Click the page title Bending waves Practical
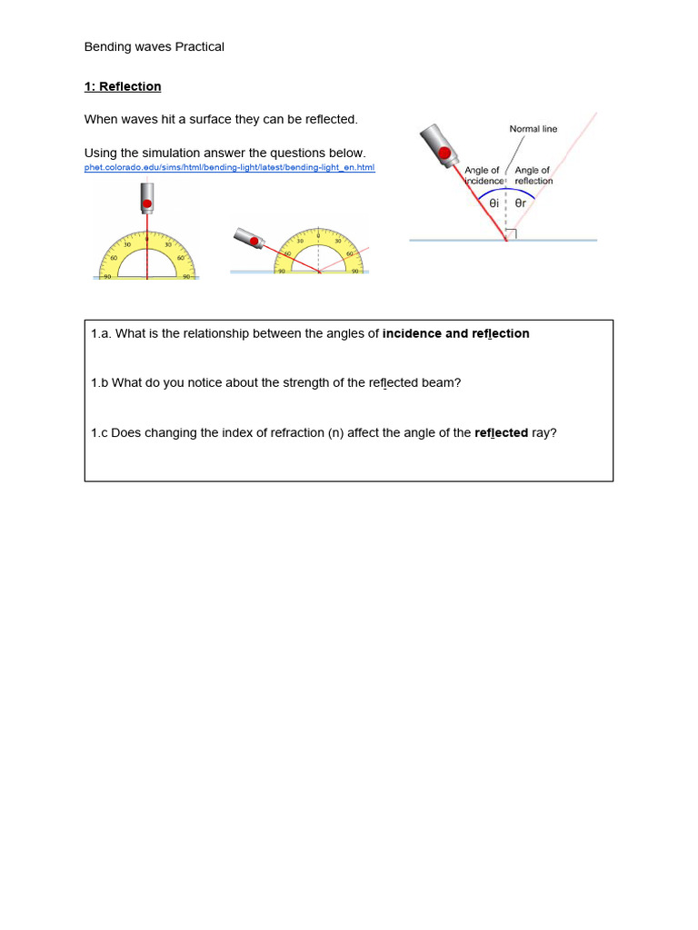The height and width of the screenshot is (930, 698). pyautogui.click(x=154, y=46)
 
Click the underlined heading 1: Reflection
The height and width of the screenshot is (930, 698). pyautogui.click(x=123, y=86)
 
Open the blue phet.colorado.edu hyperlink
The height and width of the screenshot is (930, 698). pyautogui.click(x=229, y=167)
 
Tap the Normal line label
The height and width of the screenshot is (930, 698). pyautogui.click(x=533, y=129)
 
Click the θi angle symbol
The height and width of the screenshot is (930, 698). pyautogui.click(x=494, y=203)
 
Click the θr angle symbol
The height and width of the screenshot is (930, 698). pyautogui.click(x=521, y=203)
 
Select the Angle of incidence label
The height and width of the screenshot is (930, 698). pyautogui.click(x=483, y=175)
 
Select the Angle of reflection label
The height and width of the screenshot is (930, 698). pyautogui.click(x=533, y=175)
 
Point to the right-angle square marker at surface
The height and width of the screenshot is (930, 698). pyautogui.click(x=512, y=234)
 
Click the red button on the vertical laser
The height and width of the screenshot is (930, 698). pyautogui.click(x=146, y=204)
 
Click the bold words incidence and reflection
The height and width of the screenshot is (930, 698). pyautogui.click(x=455, y=333)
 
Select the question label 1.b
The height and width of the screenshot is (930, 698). pyautogui.click(x=99, y=382)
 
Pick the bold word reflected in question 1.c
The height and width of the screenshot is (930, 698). pyautogui.click(x=501, y=432)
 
